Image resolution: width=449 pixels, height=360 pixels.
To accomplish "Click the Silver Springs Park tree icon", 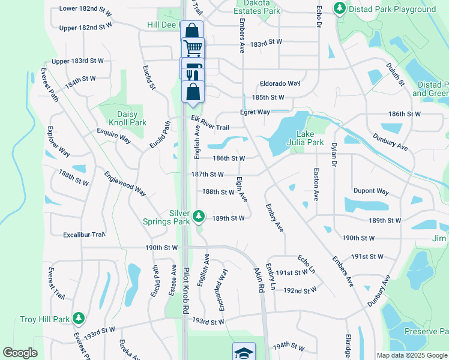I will click(200, 215).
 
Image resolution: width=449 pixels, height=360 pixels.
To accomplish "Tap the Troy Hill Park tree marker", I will click(77, 317).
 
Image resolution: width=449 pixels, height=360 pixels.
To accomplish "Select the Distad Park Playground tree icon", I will click(340, 8).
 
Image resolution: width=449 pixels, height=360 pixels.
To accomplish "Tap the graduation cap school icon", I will click(244, 352).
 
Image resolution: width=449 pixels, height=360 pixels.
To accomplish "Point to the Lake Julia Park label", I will click(309, 138).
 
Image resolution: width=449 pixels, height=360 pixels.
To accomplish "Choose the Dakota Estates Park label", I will click(257, 7).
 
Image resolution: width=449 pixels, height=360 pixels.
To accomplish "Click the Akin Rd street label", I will click(260, 280).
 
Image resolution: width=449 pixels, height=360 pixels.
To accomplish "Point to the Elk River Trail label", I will click(210, 123).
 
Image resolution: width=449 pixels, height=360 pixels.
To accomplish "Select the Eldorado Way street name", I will click(280, 83).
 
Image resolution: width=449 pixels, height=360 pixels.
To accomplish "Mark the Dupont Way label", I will click(370, 191).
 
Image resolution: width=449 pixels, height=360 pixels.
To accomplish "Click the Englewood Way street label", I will click(125, 184).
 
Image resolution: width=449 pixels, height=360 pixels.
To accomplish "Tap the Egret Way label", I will click(255, 112).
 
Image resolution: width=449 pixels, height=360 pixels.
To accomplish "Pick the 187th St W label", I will click(208, 175).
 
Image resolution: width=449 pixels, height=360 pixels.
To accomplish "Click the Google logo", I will click(20, 353).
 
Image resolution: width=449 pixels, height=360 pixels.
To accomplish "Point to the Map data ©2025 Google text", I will click(411, 355).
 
